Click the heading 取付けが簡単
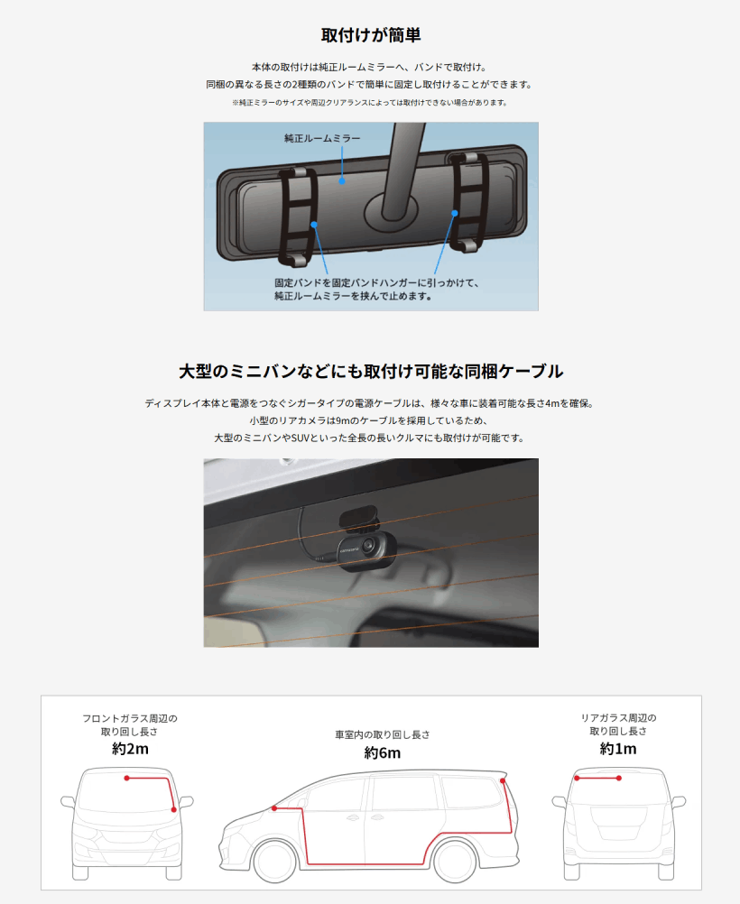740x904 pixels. coord(371,35)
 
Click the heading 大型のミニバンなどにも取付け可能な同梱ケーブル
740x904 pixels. coord(371,372)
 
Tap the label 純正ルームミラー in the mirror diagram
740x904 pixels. coord(322,138)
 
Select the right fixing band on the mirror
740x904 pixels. coord(469,202)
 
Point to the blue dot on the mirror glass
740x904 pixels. coord(342,181)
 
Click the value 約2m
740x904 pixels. coord(130,749)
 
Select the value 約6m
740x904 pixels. coord(382,753)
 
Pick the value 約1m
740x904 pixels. coord(618,749)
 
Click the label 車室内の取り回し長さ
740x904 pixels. coord(383,734)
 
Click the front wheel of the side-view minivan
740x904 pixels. coord(274,861)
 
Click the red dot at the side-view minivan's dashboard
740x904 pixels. coord(274,808)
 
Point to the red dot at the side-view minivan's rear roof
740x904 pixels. coord(503,780)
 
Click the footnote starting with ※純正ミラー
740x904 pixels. coord(370,103)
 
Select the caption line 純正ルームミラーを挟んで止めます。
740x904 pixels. coord(353,296)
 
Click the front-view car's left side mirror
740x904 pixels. coord(68,802)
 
